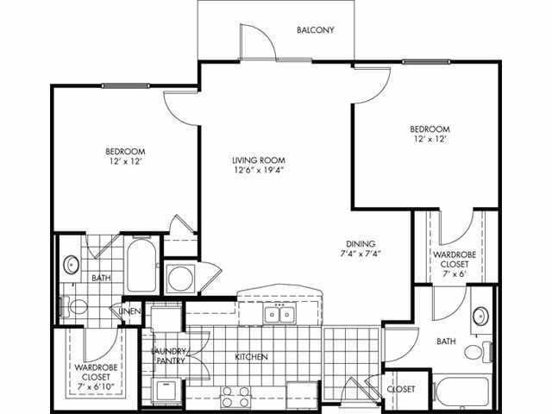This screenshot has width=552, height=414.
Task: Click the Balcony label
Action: [x=315, y=30]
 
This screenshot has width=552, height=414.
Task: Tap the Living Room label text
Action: [x=258, y=160]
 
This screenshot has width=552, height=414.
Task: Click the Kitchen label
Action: [x=252, y=356]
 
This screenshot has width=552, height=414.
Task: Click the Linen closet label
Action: [x=130, y=310]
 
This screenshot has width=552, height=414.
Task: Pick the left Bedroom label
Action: [x=125, y=149]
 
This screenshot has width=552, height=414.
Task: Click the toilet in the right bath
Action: [x=475, y=352]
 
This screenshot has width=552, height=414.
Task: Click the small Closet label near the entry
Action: [x=400, y=390]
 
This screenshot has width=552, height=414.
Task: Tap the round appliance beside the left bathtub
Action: [x=182, y=279]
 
